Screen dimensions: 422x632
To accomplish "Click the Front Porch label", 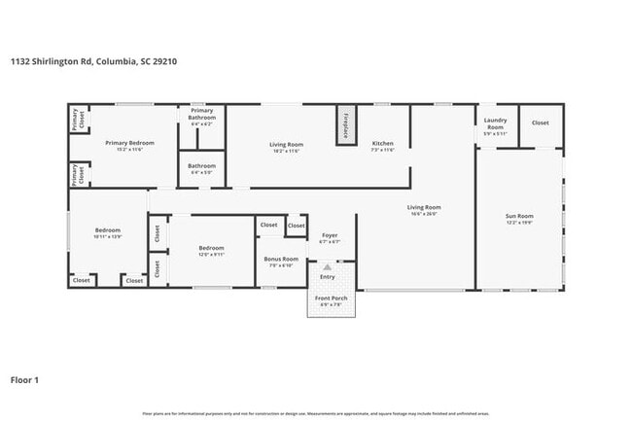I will (x=332, y=298).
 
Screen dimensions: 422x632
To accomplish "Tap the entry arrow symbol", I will (x=328, y=267).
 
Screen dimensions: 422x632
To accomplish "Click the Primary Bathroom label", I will (x=201, y=115).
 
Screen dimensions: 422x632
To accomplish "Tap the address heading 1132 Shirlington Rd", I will (x=93, y=61).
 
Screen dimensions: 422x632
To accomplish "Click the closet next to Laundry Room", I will (x=540, y=123).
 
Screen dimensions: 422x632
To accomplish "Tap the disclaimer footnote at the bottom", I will (x=316, y=414).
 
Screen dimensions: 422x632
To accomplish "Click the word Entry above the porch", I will (x=328, y=277).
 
